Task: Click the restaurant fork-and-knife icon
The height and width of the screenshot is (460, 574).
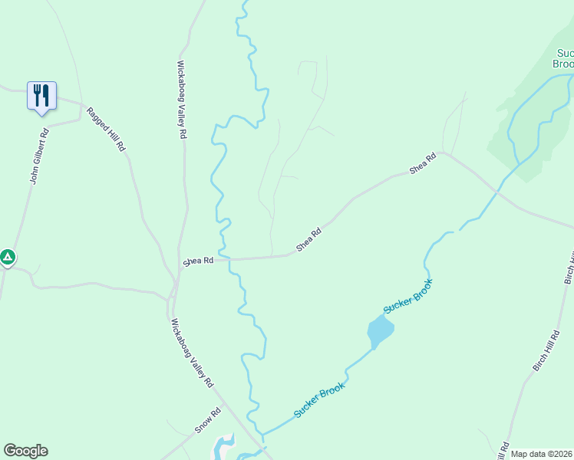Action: [41, 96]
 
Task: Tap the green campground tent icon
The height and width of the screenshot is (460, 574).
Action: [8, 257]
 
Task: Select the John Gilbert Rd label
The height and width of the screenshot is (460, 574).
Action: [39, 156]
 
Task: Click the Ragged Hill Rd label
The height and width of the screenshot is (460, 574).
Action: [105, 128]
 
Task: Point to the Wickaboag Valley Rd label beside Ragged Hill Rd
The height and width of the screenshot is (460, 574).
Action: [182, 100]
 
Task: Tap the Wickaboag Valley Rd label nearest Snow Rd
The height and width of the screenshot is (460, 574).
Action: [192, 353]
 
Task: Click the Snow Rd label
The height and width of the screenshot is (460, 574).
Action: [207, 420]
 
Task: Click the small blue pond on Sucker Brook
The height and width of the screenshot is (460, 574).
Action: [380, 331]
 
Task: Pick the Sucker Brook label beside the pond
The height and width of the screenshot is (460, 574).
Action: [408, 295]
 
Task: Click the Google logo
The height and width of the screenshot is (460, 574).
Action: [25, 451]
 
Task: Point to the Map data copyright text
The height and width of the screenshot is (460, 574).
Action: [542, 454]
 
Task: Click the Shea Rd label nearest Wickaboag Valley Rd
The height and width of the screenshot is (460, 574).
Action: [198, 261]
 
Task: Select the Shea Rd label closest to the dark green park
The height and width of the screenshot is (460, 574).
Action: [423, 163]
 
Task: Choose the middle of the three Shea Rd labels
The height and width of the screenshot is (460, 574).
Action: [308, 240]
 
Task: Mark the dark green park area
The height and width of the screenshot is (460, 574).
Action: [529, 130]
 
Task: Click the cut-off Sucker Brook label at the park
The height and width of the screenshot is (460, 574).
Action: [564, 58]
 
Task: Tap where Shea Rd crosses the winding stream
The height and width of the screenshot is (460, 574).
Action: [226, 258]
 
